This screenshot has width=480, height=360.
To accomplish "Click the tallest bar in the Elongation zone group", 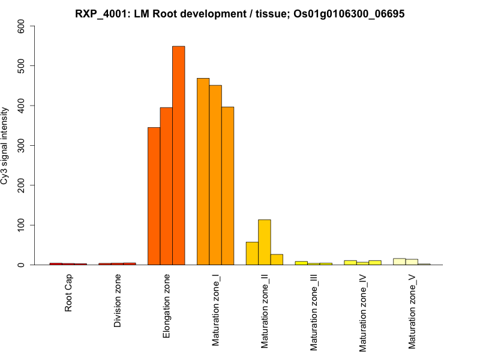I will pyautogui.click(x=179, y=155).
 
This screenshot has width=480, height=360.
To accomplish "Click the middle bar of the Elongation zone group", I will pyautogui.click(x=166, y=186).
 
